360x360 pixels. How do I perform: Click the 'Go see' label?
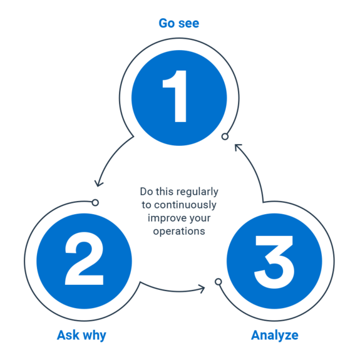point(179,23)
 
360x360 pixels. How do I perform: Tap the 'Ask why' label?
point(81,336)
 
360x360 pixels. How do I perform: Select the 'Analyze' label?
point(275,336)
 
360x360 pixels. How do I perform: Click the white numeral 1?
point(175,96)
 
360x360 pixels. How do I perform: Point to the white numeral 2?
point(85,259)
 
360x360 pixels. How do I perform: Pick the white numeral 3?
point(274,262)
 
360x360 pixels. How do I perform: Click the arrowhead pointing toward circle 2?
point(99,183)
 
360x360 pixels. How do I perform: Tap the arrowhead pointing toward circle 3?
point(202,289)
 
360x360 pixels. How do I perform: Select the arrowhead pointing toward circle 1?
point(238,147)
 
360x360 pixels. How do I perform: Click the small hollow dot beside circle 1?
point(225,136)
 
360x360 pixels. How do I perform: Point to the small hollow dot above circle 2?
point(95,203)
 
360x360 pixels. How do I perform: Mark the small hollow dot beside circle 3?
point(219,282)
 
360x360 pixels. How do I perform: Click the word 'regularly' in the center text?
point(197,192)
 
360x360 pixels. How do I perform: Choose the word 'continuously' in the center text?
point(185,205)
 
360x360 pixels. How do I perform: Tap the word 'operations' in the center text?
point(179,231)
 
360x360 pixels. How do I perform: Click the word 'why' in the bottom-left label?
point(95,336)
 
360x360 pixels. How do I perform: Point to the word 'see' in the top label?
point(188,24)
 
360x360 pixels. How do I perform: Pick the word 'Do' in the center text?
point(146,192)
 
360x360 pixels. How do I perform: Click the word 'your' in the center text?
point(199,219)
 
